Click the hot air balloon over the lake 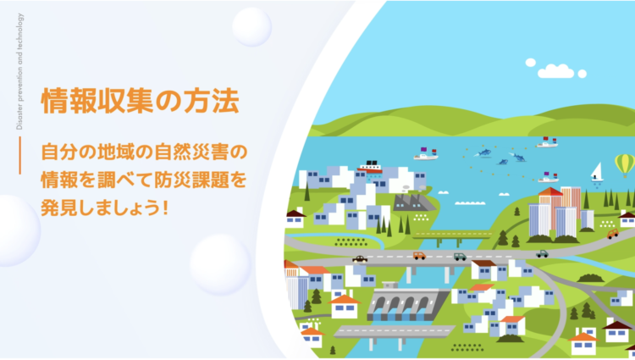pos(625,165)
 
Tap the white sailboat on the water pos(597,172)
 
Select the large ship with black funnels pos(370,167)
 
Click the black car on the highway pos(360,259)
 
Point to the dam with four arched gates pos(408,304)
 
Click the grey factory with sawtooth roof pos(413,202)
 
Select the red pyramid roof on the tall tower pos(550,191)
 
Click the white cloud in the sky pos(555,70)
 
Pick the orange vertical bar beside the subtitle pos(19,156)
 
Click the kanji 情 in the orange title pos(55,101)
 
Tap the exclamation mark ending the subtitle pos(165,208)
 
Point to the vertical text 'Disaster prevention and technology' pos(19,72)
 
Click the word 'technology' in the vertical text pos(19,30)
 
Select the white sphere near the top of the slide pos(252,27)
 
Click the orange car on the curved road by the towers pos(613,234)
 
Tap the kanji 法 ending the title pos(225,101)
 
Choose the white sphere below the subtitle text pos(220,263)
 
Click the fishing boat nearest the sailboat pos(549,177)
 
